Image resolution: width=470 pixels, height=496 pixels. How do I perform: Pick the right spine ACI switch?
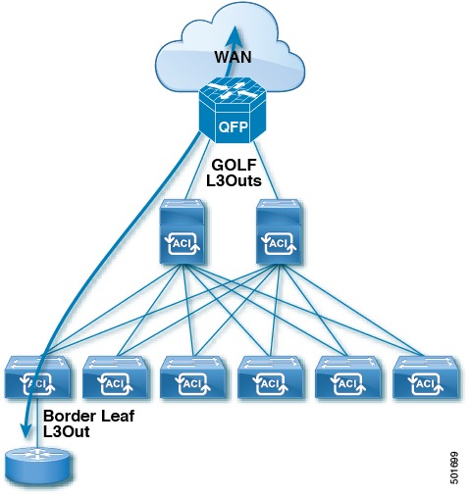pos(278,232)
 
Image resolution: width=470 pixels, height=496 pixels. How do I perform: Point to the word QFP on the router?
pos(234,127)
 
